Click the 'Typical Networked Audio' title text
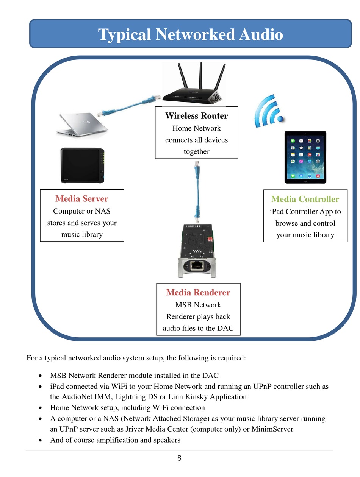(190, 34)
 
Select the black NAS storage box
(82, 165)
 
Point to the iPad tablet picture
(305, 157)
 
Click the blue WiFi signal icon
(269, 111)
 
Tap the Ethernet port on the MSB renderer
(197, 265)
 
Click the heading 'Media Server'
(82, 199)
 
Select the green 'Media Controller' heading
(305, 199)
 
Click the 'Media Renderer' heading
(198, 292)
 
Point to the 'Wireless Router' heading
(196, 116)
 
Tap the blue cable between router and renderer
(197, 192)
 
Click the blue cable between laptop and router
(129, 106)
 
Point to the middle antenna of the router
(201, 75)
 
